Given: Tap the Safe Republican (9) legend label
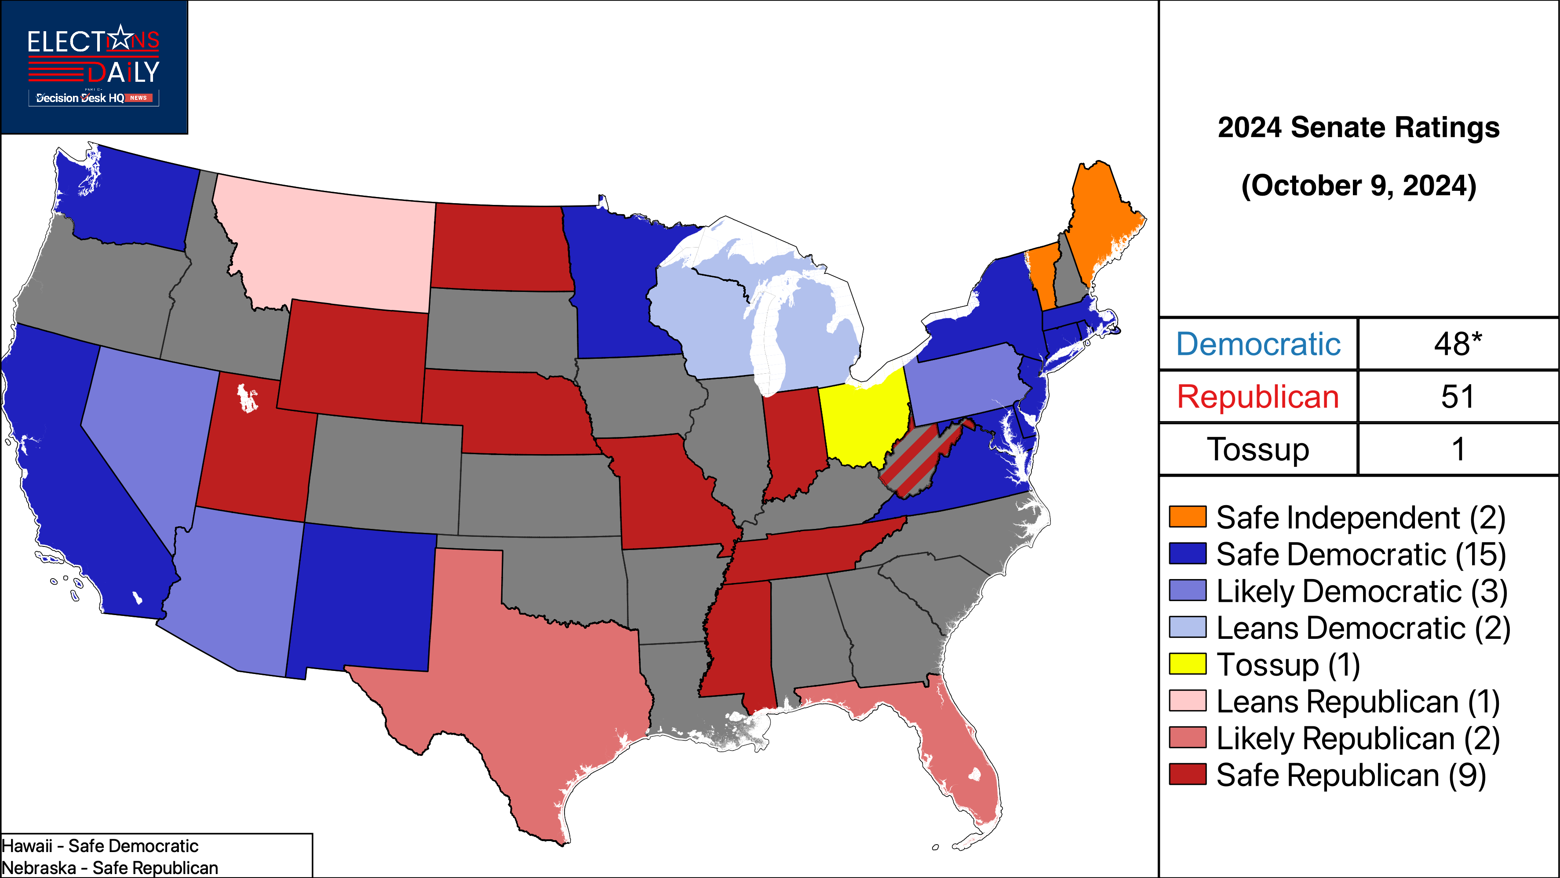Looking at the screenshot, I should pyautogui.click(x=1350, y=775).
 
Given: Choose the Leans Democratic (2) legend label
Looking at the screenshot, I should pyautogui.click(x=1363, y=628).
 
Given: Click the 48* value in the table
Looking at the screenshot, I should pyautogui.click(x=1458, y=344).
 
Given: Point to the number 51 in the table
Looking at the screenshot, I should pyautogui.click(x=1458, y=397).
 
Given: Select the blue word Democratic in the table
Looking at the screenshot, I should pyautogui.click(x=1258, y=344).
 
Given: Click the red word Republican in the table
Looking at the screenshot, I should pyautogui.click(x=1258, y=397).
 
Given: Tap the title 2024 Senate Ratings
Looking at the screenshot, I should pyautogui.click(x=1358, y=128).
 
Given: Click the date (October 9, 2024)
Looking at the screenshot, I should pyautogui.click(x=1358, y=185).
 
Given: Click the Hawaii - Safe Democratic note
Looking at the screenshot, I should pyautogui.click(x=100, y=845).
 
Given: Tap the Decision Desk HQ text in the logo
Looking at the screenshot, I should pyautogui.click(x=80, y=98).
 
